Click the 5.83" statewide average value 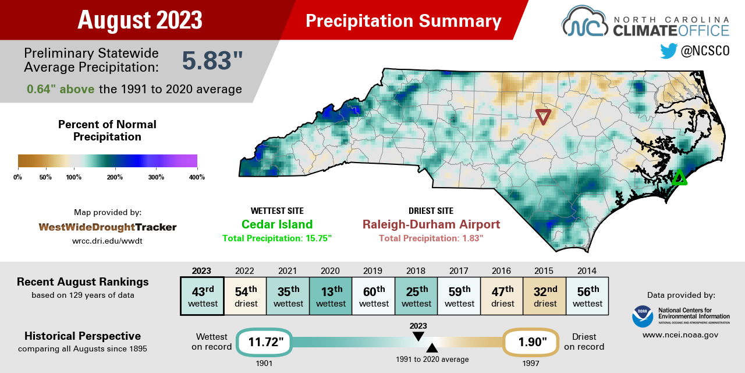pyautogui.click(x=212, y=61)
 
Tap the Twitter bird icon pyautogui.click(x=669, y=51)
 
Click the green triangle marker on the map pyautogui.click(x=679, y=178)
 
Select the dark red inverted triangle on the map pyautogui.click(x=543, y=117)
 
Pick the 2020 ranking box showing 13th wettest pyautogui.click(x=330, y=296)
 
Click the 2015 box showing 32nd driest pyautogui.click(x=544, y=296)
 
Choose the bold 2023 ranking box pyautogui.click(x=201, y=296)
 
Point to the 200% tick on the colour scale pyautogui.click(x=115, y=168)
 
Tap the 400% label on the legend pyautogui.click(x=197, y=177)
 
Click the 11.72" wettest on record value pyautogui.click(x=264, y=342)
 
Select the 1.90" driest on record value pyautogui.click(x=531, y=342)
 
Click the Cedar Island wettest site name pyautogui.click(x=277, y=225)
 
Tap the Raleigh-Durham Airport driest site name pyautogui.click(x=431, y=225)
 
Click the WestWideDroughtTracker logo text pyautogui.click(x=108, y=227)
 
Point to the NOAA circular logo pyautogui.click(x=643, y=316)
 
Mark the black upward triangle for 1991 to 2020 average pyautogui.click(x=432, y=348)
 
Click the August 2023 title pyautogui.click(x=140, y=20)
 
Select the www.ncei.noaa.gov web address pyautogui.click(x=680, y=335)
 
